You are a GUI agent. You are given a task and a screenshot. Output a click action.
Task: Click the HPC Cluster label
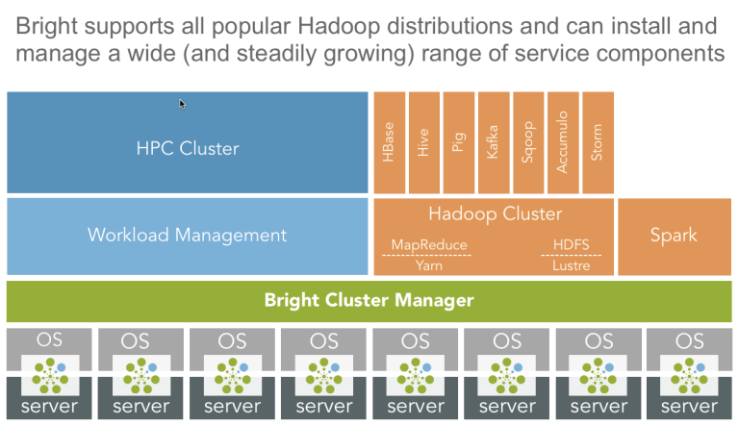[188, 148]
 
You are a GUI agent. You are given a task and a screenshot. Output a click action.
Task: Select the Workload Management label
[187, 235]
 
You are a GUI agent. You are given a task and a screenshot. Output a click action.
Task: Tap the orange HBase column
[390, 142]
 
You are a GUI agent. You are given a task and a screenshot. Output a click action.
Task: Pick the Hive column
[424, 142]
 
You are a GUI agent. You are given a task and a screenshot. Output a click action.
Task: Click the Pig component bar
[459, 142]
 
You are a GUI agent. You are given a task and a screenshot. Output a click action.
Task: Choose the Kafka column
[494, 142]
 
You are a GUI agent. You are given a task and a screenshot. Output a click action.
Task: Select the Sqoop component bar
[528, 142]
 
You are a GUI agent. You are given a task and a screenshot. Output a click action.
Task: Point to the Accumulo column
[563, 142]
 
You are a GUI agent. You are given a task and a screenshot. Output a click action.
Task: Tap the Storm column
[599, 142]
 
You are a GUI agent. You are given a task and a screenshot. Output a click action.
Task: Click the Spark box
[675, 237]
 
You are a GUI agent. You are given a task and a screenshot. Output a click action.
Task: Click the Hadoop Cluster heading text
[496, 213]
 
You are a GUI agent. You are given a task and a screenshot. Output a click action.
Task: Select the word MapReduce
[429, 244]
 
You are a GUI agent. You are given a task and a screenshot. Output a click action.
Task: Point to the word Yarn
[429, 265]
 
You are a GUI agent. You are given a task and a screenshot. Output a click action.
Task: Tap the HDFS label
[572, 244]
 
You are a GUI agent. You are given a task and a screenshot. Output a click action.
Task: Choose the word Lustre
[572, 265]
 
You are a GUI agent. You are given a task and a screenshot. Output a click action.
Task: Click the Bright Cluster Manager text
[369, 300]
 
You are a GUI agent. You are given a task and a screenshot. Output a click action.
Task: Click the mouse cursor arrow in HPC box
[182, 104]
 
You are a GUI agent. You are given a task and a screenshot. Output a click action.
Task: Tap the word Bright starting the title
[46, 26]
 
